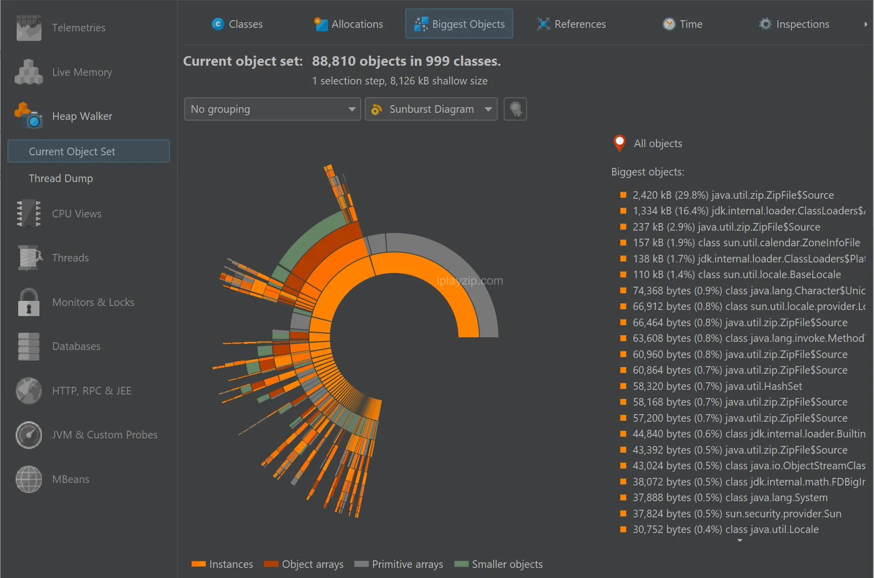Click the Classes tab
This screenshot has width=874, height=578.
pyautogui.click(x=237, y=24)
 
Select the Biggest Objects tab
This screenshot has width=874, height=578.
pyautogui.click(x=459, y=24)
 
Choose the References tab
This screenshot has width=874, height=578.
pyautogui.click(x=571, y=24)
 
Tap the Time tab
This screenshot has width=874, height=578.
pyautogui.click(x=682, y=24)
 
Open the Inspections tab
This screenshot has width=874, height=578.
pyautogui.click(x=794, y=24)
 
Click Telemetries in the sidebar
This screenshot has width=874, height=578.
pyautogui.click(x=78, y=28)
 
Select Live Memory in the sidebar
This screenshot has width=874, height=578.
pyautogui.click(x=82, y=72)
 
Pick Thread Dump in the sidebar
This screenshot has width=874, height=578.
pyautogui.click(x=61, y=179)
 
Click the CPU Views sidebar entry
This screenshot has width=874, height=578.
pyautogui.click(x=76, y=214)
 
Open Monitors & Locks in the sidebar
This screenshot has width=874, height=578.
pyautogui.click(x=93, y=302)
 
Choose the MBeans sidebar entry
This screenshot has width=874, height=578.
pyautogui.click(x=70, y=479)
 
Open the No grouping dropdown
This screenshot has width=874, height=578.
pyautogui.click(x=272, y=109)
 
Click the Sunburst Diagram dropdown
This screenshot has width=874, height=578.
pyautogui.click(x=431, y=109)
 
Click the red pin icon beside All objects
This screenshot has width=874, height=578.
pyautogui.click(x=619, y=143)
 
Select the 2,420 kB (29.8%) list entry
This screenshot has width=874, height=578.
pyautogui.click(x=733, y=195)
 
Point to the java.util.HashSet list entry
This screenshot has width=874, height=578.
pyautogui.click(x=717, y=386)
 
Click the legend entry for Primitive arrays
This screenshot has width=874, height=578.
pyautogui.click(x=399, y=564)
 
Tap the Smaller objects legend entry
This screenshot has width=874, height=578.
pyautogui.click(x=498, y=564)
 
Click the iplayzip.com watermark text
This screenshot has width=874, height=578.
pyautogui.click(x=470, y=281)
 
